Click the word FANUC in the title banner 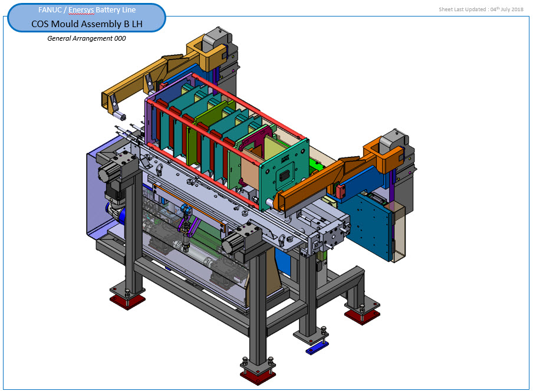(50, 10)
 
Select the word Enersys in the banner (81, 10)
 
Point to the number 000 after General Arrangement (120, 38)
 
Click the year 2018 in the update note (517, 9)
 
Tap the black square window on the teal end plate (284, 176)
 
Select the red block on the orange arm (341, 190)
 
